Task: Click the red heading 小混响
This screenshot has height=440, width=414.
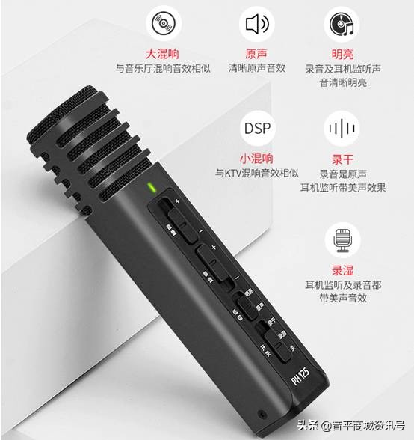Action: point(256,159)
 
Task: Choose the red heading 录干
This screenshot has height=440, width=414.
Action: point(342,159)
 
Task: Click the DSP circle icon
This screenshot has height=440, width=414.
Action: point(256,127)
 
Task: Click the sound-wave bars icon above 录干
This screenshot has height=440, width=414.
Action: point(342,128)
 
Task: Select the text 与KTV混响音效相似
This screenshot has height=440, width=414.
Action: point(256,173)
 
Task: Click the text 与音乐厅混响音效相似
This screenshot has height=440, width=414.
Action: point(162,68)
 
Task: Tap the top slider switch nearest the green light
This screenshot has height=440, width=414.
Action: point(174,217)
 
